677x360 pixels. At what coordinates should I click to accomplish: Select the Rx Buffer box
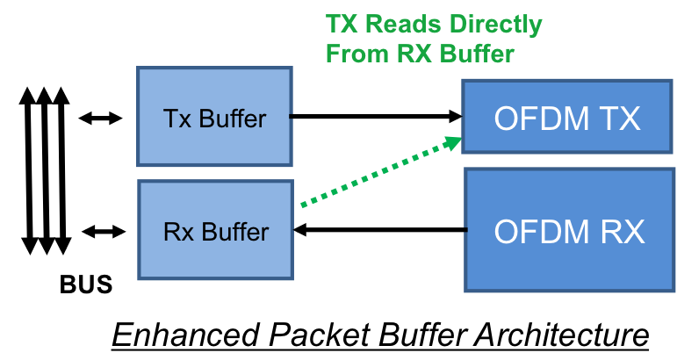tap(215, 232)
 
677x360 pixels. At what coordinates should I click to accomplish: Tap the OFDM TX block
tap(567, 118)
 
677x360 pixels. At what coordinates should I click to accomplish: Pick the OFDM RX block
tap(569, 231)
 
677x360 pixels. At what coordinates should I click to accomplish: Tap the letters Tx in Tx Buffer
tap(176, 119)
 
